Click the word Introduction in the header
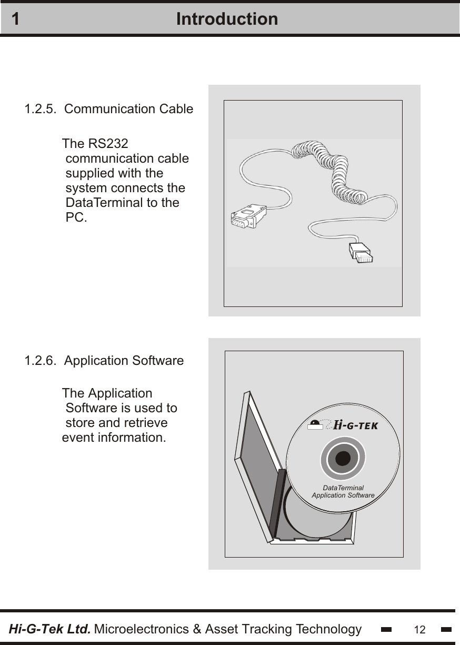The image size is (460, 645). pyautogui.click(x=227, y=19)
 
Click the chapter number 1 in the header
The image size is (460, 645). pyautogui.click(x=16, y=19)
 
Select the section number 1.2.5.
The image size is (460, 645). pyautogui.click(x=41, y=110)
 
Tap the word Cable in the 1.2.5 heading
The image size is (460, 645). pyautogui.click(x=176, y=110)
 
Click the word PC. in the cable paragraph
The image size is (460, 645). pyautogui.click(x=76, y=217)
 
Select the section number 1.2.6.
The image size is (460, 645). pyautogui.click(x=41, y=361)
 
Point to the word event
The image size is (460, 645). pyautogui.click(x=78, y=438)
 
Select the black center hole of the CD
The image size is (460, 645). pyautogui.click(x=343, y=459)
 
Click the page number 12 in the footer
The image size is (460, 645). pyautogui.click(x=419, y=630)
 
